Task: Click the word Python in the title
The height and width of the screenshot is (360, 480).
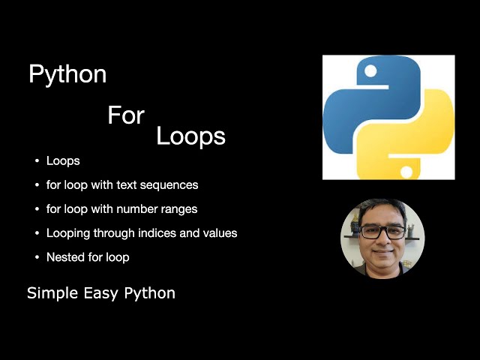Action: tap(67, 75)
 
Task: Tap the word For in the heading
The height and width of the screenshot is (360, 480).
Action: tap(126, 115)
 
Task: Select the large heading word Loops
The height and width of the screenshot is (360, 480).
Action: tap(190, 136)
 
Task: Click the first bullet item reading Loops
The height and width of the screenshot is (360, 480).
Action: tap(63, 160)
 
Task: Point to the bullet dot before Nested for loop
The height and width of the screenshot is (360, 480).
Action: tap(36, 257)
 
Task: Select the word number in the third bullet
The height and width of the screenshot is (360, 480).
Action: tap(129, 208)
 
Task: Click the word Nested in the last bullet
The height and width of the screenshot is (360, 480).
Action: tap(63, 257)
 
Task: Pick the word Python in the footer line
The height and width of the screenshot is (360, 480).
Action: tap(151, 293)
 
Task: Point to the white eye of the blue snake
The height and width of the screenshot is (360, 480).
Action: tap(369, 71)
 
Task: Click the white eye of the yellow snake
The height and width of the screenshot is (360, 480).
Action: tap(406, 172)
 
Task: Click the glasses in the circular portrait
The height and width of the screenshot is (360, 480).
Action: tap(382, 231)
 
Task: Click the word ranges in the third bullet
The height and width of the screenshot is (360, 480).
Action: tap(180, 208)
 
